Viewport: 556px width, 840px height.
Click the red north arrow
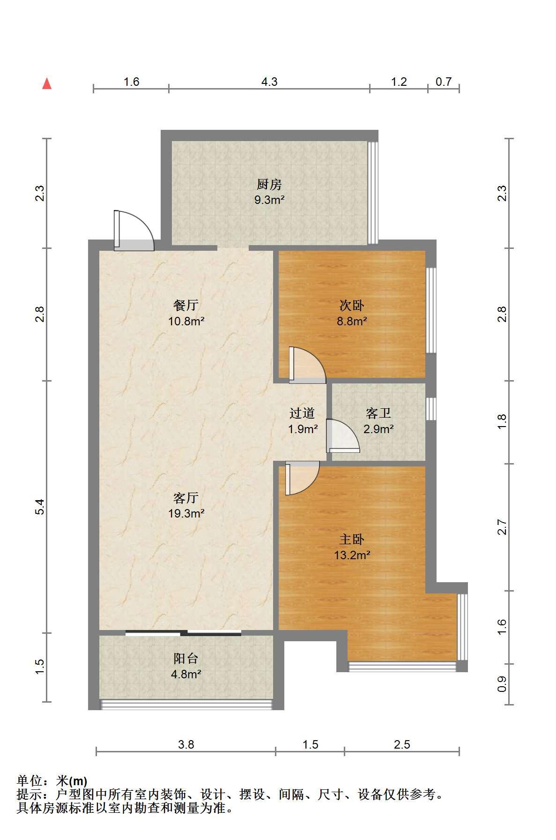click(x=47, y=83)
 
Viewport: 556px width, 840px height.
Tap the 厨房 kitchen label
click(x=269, y=184)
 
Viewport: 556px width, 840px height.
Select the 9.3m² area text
click(x=269, y=200)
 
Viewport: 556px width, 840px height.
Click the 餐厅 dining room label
click(x=186, y=305)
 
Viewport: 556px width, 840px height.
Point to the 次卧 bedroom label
click(x=352, y=305)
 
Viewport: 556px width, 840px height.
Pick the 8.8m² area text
click(x=352, y=321)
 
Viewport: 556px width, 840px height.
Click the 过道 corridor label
click(x=302, y=413)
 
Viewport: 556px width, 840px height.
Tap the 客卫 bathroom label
click(x=378, y=413)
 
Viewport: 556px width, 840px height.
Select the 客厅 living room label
click(x=186, y=497)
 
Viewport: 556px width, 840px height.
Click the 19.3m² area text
click(x=186, y=513)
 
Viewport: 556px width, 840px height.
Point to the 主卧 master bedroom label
click(x=352, y=539)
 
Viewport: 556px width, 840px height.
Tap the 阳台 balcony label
click(x=186, y=658)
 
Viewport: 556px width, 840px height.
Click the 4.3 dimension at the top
click(x=269, y=82)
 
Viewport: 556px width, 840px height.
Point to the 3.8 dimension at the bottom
click(x=186, y=744)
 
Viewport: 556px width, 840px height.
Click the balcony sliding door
click(x=184, y=633)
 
